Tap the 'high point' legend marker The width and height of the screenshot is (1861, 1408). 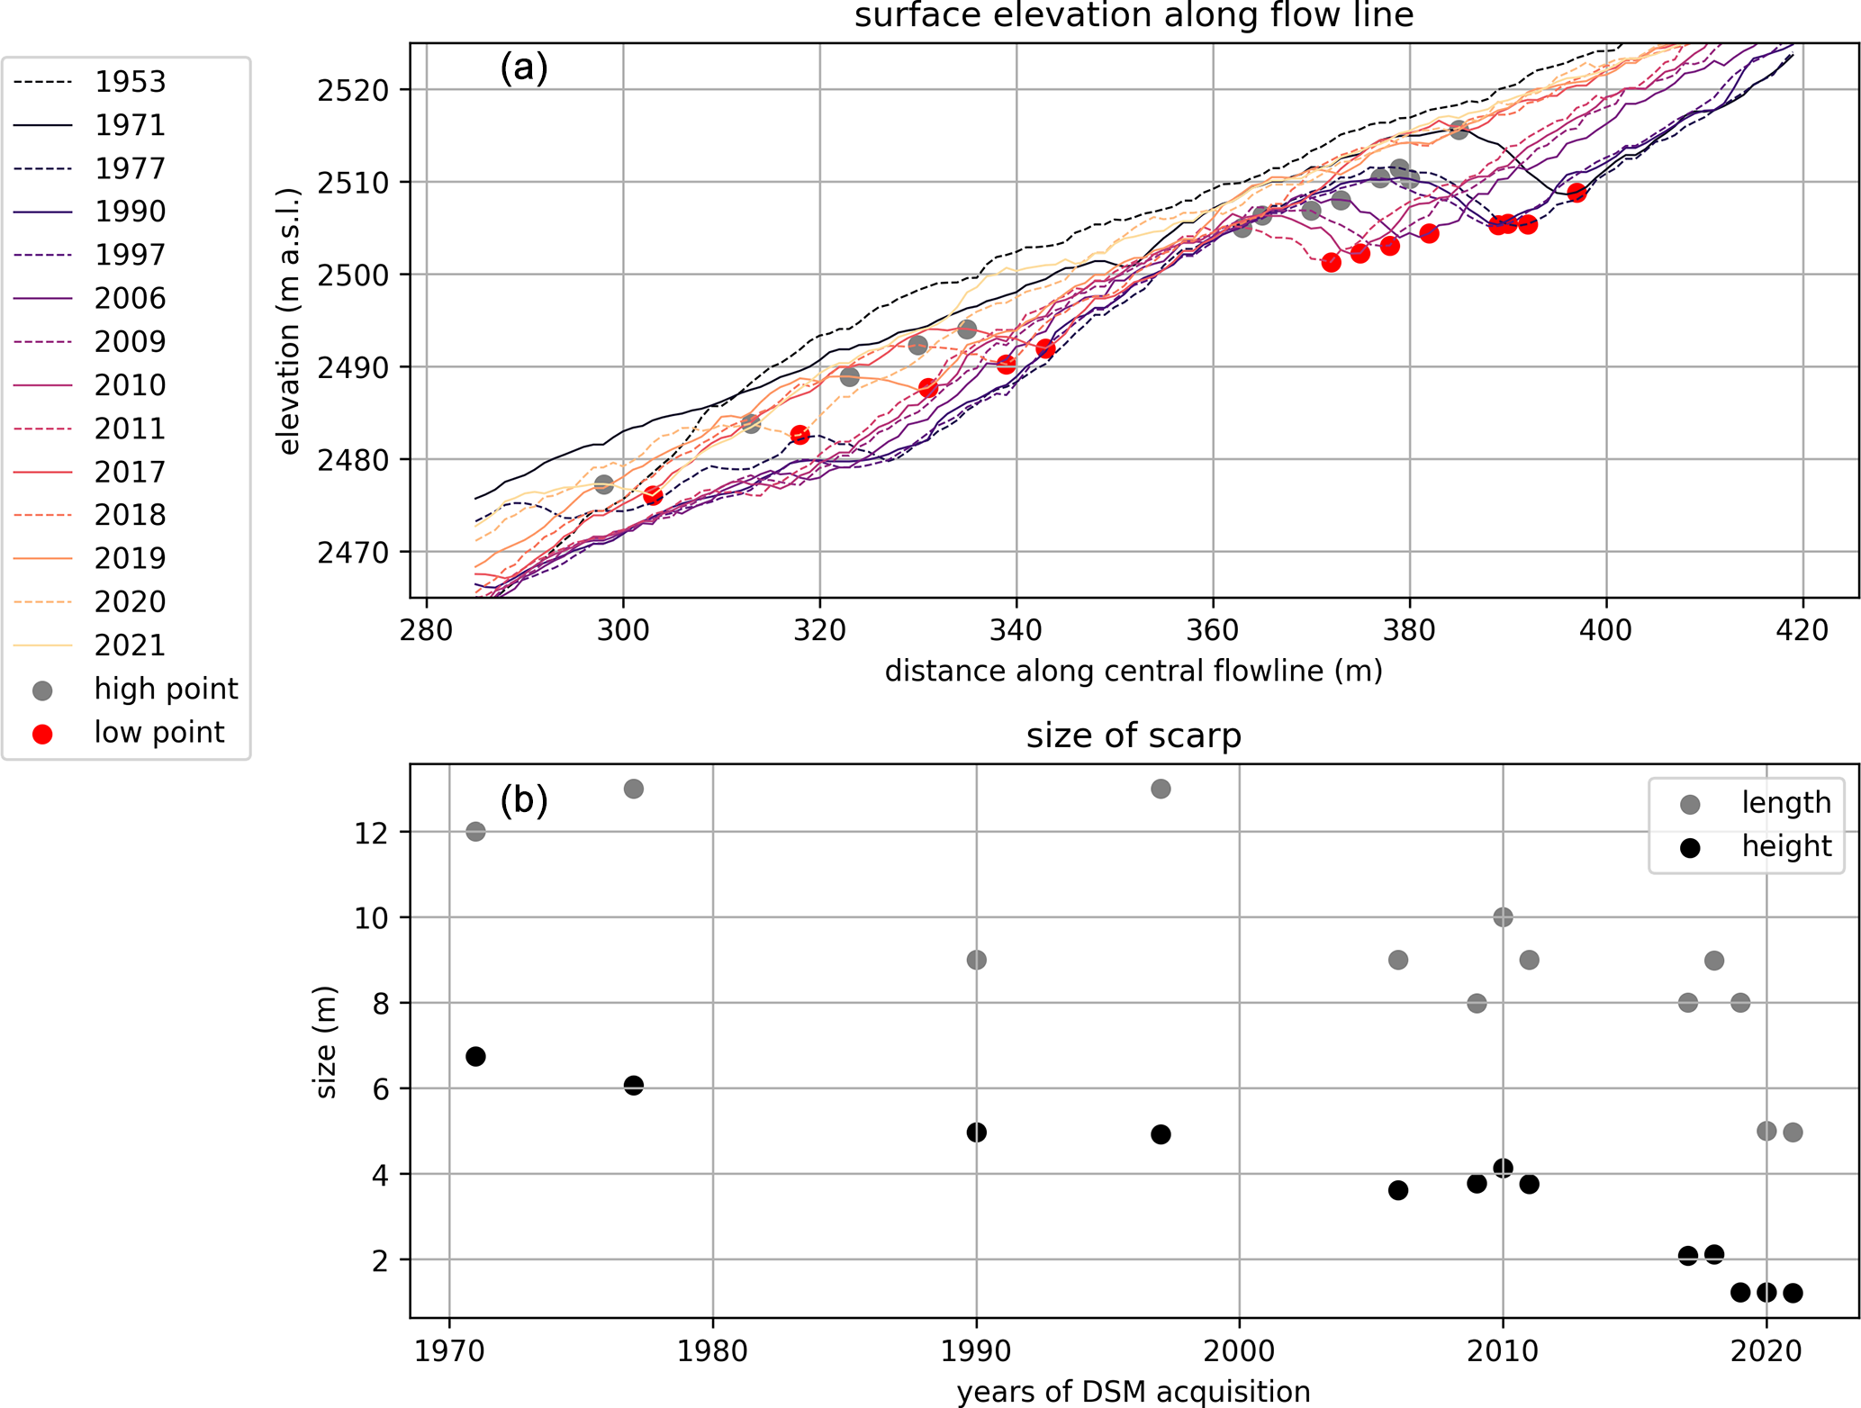point(42,690)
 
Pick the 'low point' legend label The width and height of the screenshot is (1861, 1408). point(158,733)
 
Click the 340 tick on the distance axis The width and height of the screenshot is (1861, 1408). point(1016,629)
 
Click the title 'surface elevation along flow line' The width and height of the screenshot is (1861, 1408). point(1134,16)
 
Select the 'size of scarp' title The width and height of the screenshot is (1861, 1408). point(1134,736)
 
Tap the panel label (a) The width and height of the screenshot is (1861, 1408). point(524,68)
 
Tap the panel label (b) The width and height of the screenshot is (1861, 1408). point(524,800)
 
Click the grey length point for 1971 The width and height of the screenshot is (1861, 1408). point(475,832)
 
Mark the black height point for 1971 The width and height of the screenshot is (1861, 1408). point(475,1056)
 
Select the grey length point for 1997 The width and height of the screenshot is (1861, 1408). point(1161,789)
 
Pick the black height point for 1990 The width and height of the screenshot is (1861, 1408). point(976,1132)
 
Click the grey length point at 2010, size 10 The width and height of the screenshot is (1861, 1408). point(1503,917)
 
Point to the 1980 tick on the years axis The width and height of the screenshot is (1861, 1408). point(713,1351)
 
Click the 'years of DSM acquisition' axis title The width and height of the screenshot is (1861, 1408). point(1134,1392)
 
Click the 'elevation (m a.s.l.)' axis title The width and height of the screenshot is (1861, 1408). point(289,321)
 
